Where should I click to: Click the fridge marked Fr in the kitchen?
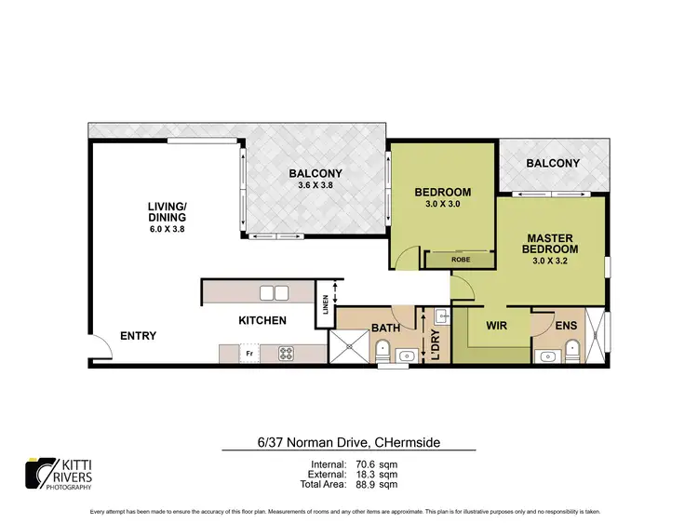248,355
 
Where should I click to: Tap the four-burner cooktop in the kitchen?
286,355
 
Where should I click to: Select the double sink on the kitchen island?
274,293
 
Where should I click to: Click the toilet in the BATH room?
383,352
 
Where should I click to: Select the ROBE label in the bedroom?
460,260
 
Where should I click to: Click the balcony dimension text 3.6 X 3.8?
315,186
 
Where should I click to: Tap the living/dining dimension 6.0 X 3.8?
167,229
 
